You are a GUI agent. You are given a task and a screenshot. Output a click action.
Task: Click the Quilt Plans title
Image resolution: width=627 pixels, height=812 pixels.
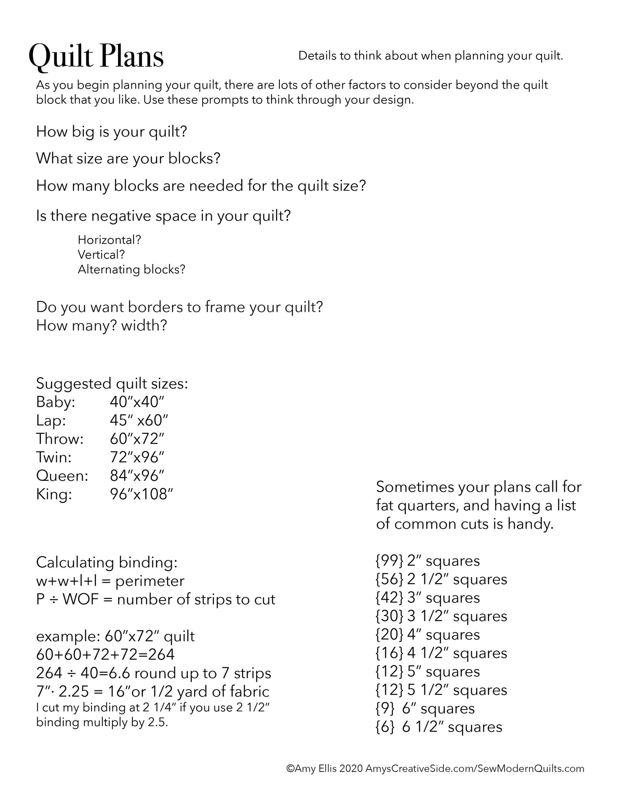click(96, 57)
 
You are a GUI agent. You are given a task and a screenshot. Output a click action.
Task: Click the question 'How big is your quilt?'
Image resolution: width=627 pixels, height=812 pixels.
click(112, 131)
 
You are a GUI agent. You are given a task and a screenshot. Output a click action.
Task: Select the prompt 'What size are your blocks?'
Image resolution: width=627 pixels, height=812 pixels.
click(128, 158)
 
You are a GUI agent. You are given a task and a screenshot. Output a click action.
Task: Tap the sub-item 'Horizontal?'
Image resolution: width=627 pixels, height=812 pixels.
click(109, 240)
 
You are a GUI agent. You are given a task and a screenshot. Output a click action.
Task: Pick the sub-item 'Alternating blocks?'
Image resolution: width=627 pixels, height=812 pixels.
click(131, 270)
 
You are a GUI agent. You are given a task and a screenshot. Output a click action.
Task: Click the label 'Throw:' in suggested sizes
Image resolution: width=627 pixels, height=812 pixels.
click(60, 439)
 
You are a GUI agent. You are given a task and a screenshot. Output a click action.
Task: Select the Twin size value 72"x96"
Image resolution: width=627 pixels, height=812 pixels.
click(137, 457)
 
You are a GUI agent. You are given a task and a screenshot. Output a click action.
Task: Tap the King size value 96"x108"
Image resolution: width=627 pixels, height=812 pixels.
click(141, 494)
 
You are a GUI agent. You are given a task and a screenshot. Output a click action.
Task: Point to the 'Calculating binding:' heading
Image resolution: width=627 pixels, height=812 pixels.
click(107, 562)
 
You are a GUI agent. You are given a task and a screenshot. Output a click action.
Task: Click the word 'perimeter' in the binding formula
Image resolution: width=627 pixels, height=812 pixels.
click(150, 581)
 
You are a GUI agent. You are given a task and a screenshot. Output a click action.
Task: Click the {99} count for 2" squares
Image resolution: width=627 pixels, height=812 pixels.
click(389, 561)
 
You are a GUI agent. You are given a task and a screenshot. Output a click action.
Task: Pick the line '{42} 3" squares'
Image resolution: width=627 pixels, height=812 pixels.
click(428, 598)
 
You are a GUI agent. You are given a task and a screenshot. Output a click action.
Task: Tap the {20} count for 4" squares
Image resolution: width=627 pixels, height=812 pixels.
click(389, 635)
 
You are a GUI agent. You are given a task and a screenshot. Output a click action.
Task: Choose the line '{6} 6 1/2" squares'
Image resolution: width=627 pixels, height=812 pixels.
click(439, 727)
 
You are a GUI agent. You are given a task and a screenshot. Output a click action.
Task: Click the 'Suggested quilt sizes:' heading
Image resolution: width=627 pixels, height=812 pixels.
click(112, 383)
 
